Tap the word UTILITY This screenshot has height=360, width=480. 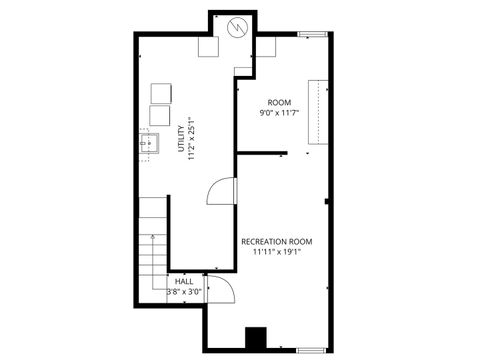point(180,134)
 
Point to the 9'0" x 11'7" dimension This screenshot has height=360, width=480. point(280,114)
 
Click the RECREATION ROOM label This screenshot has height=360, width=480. point(277,241)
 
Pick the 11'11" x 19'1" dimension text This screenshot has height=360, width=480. point(277,252)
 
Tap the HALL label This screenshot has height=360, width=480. point(184,282)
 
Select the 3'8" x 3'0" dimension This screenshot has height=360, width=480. point(184,292)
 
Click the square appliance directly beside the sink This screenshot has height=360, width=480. point(161,117)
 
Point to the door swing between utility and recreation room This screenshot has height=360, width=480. point(221,190)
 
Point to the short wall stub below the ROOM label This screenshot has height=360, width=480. point(262,153)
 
